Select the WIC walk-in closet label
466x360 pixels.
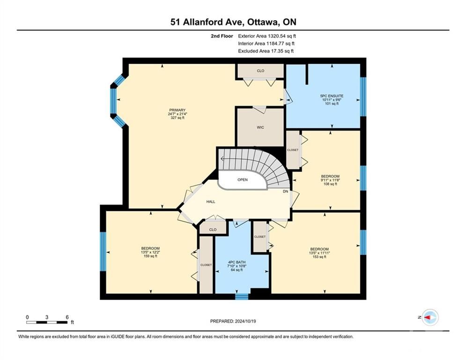260,127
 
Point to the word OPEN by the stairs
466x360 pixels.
243,180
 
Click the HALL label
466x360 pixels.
211,202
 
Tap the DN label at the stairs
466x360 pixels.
285,191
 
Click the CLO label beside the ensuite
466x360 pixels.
260,71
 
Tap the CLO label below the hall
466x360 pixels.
213,230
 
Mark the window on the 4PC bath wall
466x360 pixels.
242,297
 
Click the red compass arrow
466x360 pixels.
428,317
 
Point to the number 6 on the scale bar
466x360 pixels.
67,317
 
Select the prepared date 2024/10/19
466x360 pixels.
245,321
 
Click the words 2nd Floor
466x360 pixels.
222,36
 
